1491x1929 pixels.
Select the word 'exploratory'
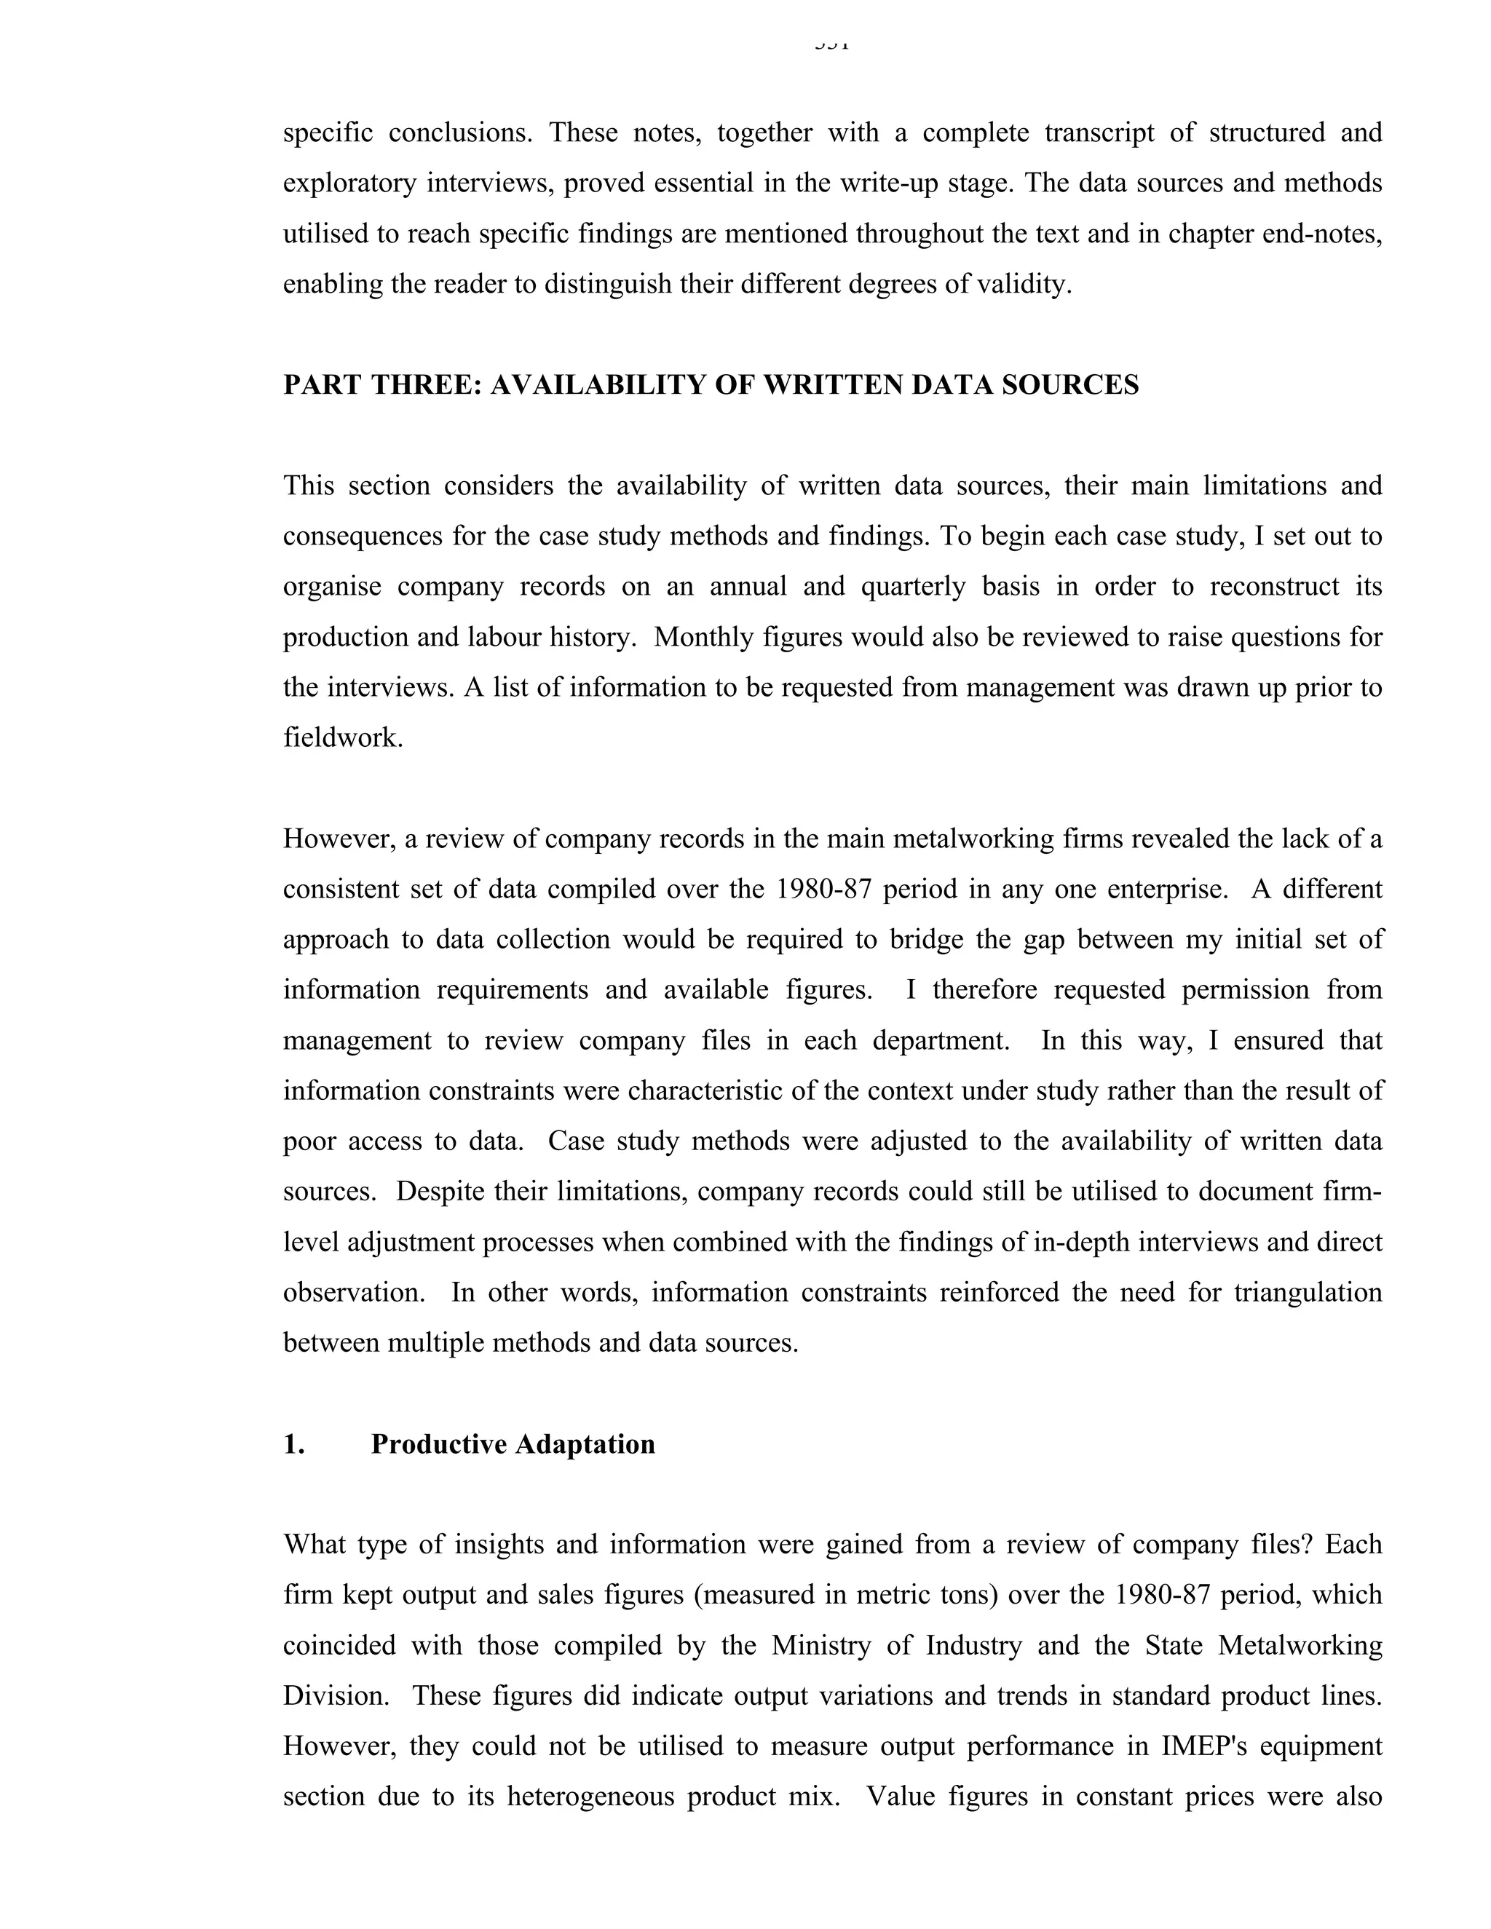pos(347,183)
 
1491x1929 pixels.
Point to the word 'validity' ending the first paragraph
pos(1022,285)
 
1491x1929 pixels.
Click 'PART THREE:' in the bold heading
pos(381,385)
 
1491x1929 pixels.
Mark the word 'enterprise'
pos(1159,889)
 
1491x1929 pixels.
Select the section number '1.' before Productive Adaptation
pos(294,1444)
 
